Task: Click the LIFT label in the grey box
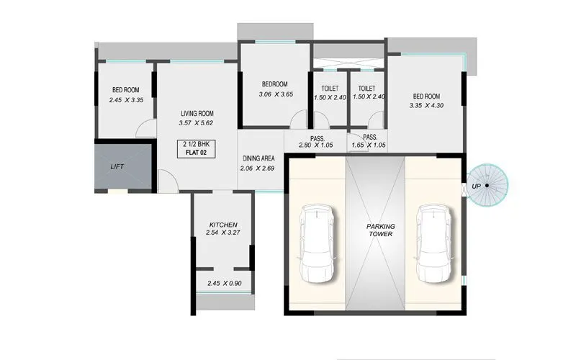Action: click(117, 166)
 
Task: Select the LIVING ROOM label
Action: click(197, 114)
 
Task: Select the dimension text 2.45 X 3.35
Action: click(127, 100)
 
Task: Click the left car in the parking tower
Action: click(317, 245)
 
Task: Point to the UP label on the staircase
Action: click(476, 186)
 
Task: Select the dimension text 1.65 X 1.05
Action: click(370, 146)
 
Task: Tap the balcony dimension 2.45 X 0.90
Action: click(223, 283)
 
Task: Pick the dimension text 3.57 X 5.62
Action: click(197, 123)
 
